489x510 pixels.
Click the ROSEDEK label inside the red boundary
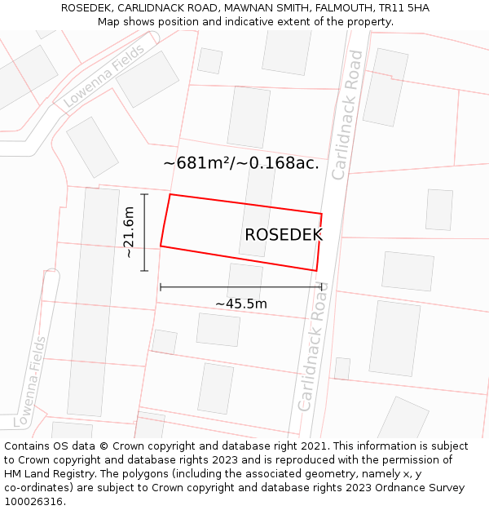[283, 235]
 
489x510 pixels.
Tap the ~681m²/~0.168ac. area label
[240, 163]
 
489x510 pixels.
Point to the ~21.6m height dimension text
[128, 233]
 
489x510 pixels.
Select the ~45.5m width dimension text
[241, 304]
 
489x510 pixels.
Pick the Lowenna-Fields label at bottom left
[30, 373]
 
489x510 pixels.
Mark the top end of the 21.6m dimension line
[144, 194]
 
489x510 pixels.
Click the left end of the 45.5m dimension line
[161, 286]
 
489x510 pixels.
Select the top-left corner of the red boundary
[170, 194]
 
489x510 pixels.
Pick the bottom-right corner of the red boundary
[316, 270]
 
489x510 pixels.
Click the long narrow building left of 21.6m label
[93, 302]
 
